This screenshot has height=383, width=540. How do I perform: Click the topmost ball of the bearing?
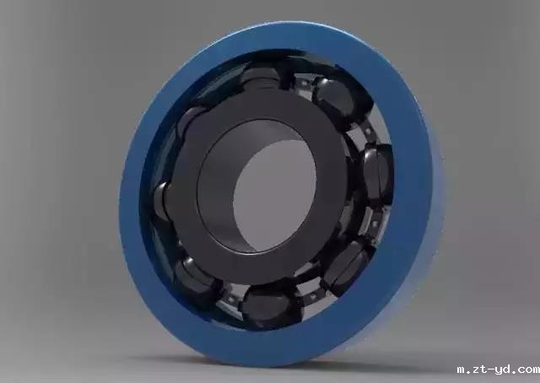point(261,78)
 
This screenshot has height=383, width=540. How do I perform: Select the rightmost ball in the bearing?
point(377,173)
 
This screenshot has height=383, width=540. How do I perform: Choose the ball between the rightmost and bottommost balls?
point(347,266)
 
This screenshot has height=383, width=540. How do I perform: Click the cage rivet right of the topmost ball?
point(304,83)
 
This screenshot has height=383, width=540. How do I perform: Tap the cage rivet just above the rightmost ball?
point(368,131)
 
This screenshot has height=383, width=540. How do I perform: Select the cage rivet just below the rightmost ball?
point(375,224)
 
